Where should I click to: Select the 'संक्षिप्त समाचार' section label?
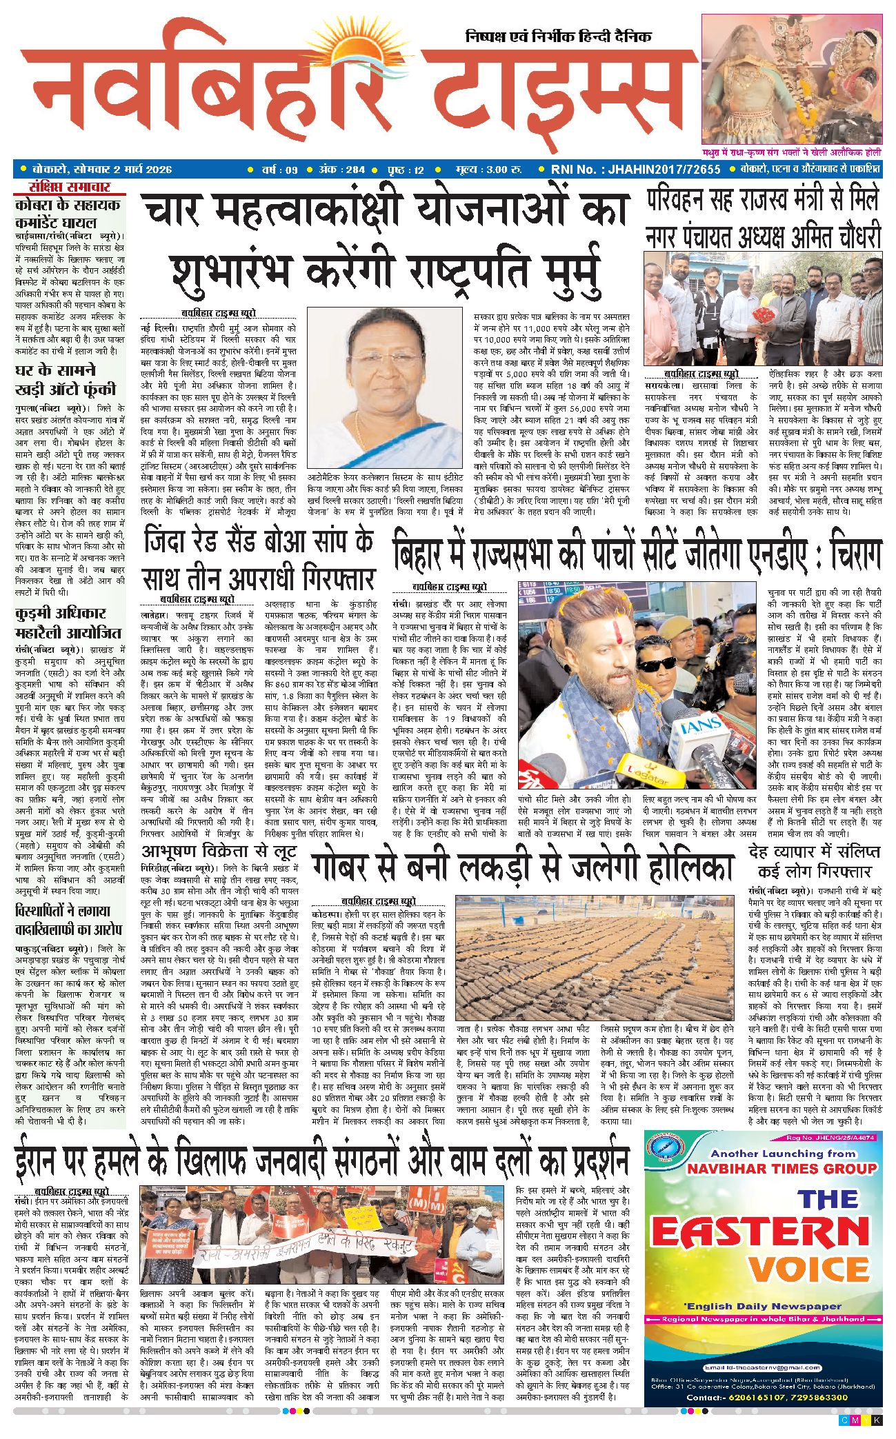pos(70,188)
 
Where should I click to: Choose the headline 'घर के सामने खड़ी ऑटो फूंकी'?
pos(66,380)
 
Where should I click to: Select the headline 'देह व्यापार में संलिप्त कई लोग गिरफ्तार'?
pos(815,861)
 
